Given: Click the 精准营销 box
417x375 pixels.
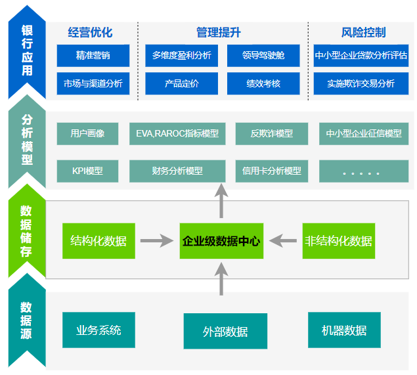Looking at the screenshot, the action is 93,56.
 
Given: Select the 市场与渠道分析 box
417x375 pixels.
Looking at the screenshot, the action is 93,83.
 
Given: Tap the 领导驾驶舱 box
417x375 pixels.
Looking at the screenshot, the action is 263,56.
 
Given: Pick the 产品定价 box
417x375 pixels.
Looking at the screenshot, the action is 182,83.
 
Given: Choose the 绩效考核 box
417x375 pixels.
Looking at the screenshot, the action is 263,83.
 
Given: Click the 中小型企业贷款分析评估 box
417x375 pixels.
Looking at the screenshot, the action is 361,56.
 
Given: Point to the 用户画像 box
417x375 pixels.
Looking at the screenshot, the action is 87,134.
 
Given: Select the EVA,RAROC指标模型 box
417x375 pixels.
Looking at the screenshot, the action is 177,134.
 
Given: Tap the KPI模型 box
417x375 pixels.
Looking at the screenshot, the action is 87,171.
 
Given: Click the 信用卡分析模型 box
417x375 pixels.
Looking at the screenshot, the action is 272,171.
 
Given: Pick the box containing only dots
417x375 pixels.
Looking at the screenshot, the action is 364,171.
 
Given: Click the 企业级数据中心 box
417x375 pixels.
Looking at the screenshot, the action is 221,241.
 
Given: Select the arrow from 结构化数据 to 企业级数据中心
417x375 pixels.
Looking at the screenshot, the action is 157,240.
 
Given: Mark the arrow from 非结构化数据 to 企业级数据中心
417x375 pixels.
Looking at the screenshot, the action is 283,240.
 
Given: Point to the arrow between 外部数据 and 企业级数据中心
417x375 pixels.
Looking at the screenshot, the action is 221,278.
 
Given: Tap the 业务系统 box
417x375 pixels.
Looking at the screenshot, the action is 99,330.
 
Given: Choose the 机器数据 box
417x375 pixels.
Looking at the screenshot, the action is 344,330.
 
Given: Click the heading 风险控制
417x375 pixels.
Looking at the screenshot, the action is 364,32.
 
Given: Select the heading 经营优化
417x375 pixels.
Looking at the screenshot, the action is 90,32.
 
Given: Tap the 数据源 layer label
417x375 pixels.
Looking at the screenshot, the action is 26,320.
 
